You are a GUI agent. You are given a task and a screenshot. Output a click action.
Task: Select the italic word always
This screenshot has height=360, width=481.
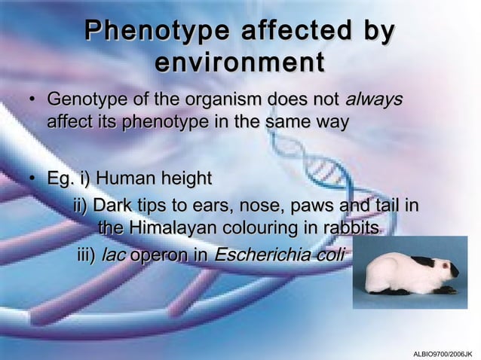[375, 99]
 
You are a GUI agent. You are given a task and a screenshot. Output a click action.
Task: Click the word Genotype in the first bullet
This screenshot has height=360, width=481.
[84, 100]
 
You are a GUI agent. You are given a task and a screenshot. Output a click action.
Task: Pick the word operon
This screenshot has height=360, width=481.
[161, 255]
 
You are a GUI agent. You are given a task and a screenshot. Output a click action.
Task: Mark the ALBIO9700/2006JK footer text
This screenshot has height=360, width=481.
[443, 352]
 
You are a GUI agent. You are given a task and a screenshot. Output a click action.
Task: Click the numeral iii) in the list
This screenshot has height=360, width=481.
[87, 255]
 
